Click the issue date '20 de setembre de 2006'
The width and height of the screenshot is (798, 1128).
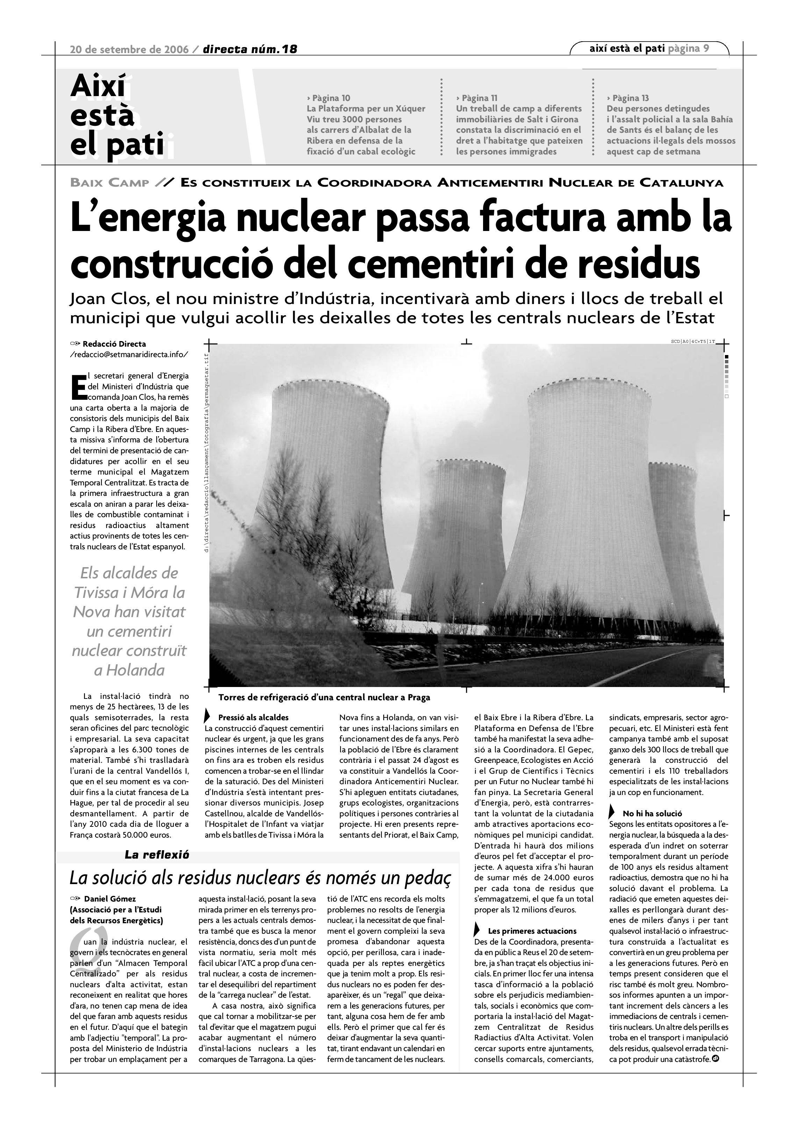click(129, 50)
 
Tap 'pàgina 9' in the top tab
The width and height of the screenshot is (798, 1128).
click(689, 49)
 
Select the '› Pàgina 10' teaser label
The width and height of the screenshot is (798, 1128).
click(328, 98)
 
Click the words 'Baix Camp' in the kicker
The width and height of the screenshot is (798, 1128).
click(109, 183)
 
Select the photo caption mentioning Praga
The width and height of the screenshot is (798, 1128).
click(324, 697)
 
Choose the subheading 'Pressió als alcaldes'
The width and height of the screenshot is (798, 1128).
click(253, 718)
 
